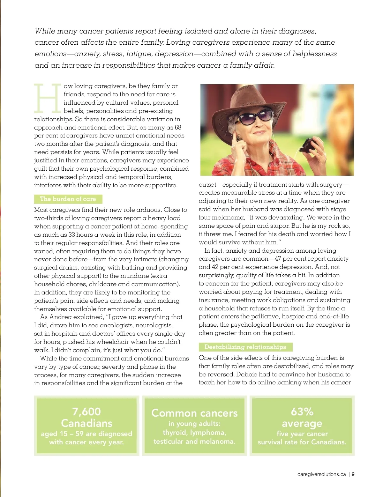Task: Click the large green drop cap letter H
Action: (x=48, y=98)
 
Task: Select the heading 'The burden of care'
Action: (x=68, y=199)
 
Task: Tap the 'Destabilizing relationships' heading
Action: (x=245, y=347)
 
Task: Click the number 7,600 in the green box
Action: (x=86, y=412)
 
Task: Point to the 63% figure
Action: (x=302, y=412)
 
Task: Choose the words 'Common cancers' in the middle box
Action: (x=194, y=413)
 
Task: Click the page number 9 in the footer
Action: (x=353, y=474)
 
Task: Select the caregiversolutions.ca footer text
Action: (x=321, y=474)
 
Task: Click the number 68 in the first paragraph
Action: (x=178, y=128)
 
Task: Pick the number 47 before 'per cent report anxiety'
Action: (x=278, y=259)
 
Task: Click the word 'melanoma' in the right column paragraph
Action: (x=224, y=218)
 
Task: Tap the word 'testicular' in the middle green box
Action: (x=169, y=442)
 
